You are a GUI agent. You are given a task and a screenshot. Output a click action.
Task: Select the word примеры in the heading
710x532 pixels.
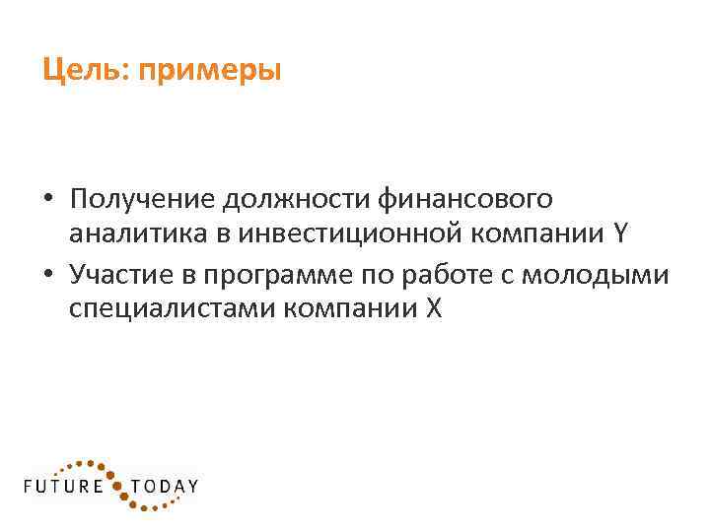click(x=210, y=72)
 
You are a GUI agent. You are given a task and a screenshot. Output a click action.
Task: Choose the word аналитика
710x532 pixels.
click(x=125, y=236)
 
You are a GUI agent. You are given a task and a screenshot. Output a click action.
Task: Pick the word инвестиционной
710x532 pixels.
click(x=318, y=236)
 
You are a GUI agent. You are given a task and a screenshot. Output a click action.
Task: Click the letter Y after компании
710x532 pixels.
click(x=618, y=236)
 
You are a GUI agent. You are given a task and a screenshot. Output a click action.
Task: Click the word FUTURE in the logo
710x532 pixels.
click(x=64, y=486)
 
